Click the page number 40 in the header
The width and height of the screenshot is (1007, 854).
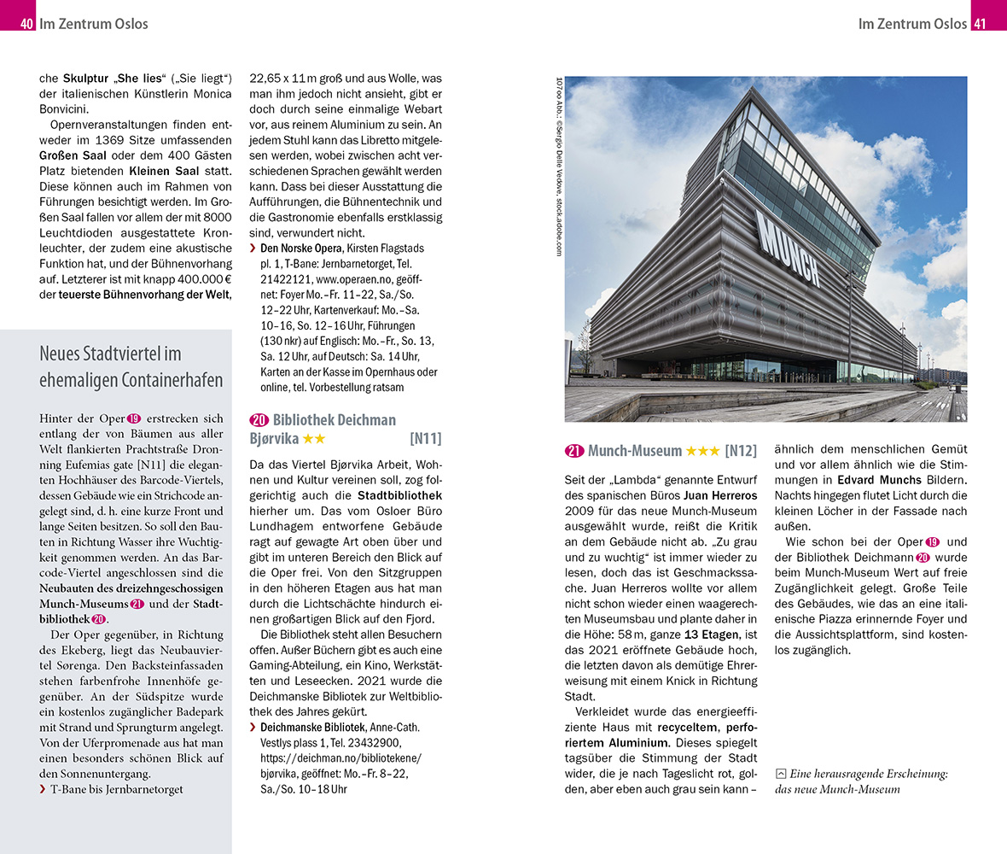26,24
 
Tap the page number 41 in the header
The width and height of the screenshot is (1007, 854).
980,24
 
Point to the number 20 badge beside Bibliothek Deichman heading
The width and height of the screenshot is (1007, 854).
259,420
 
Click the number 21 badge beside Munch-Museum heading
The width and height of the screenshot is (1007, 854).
574,451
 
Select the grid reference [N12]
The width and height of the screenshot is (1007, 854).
741,451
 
